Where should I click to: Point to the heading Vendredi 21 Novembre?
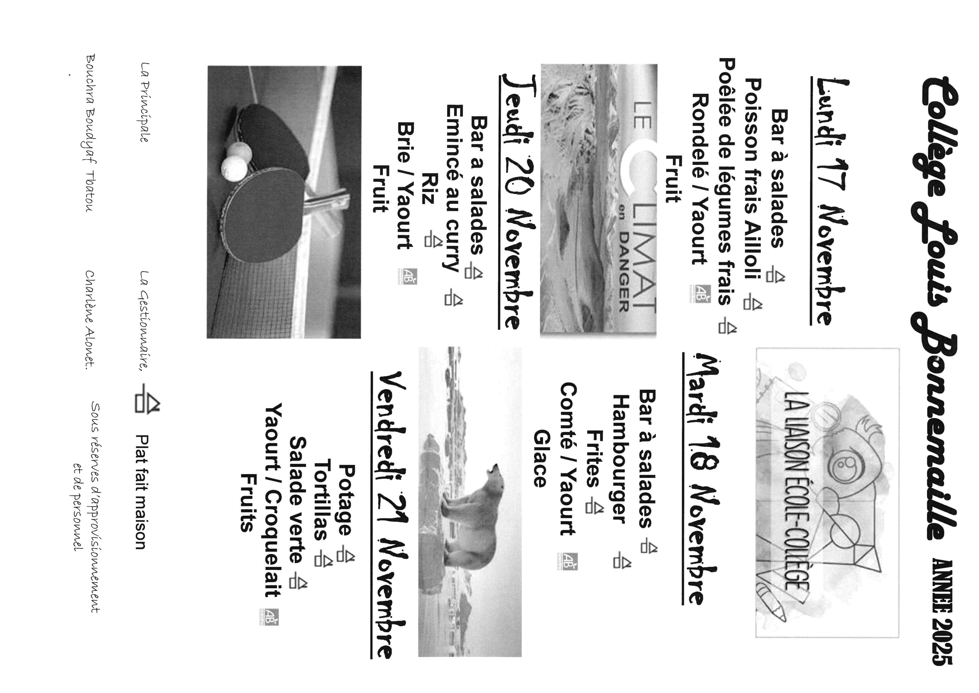[390, 514]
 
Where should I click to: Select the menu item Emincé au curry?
[454, 188]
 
